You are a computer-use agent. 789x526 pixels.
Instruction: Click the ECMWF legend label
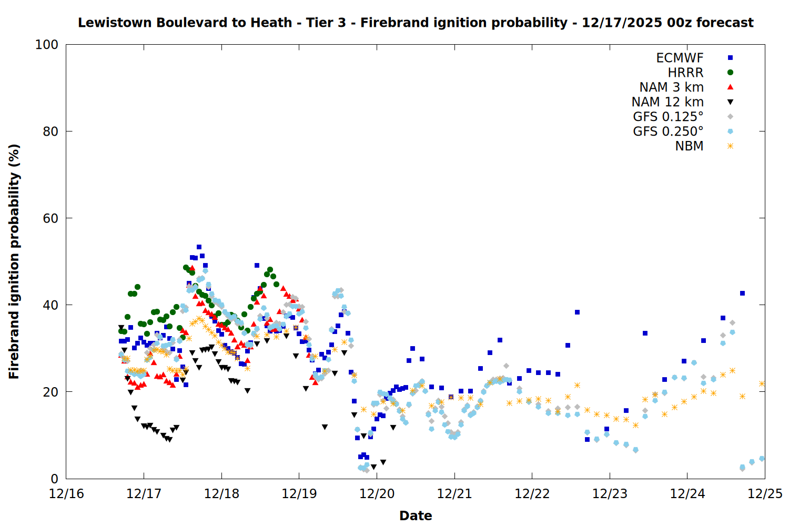680,58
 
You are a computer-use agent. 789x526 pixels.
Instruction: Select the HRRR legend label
685,73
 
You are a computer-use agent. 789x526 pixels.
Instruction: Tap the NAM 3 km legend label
671,87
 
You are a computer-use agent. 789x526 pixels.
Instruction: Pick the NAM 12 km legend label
667,102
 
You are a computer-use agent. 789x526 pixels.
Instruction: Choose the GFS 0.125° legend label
668,117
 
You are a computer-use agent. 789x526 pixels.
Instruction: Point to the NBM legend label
689,146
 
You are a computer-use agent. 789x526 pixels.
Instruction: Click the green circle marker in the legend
730,73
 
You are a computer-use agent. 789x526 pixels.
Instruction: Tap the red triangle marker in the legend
730,87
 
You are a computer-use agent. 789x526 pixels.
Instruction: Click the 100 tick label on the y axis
47,45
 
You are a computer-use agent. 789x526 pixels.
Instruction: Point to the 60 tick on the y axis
50,218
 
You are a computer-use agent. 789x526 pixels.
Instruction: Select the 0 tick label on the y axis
54,479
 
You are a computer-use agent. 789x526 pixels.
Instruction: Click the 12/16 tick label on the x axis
66,494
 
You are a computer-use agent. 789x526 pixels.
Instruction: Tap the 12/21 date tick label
454,494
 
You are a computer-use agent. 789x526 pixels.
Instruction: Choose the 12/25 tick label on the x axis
765,494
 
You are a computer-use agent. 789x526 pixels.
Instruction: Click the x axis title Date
416,515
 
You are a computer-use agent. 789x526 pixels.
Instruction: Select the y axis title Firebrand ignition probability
14,261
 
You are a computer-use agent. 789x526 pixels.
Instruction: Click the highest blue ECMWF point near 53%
199,247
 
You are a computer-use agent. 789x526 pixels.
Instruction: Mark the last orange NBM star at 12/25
762,384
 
